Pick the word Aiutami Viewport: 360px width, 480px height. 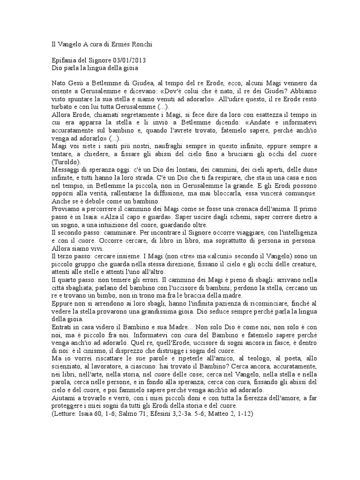(64, 398)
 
